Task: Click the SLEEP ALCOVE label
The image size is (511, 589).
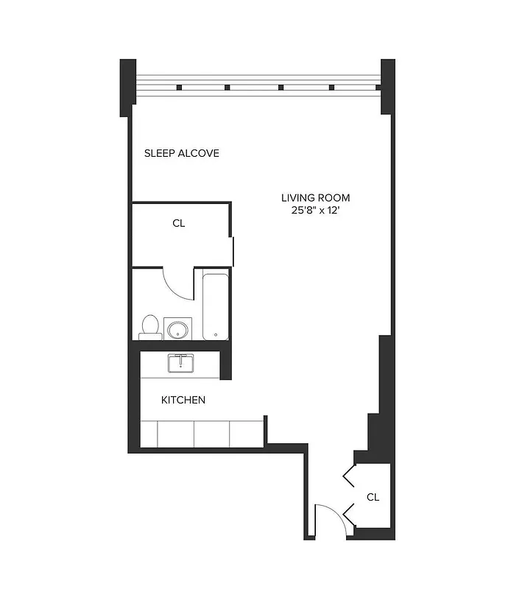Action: pyautogui.click(x=181, y=154)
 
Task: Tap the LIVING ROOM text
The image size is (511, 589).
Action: pyautogui.click(x=315, y=197)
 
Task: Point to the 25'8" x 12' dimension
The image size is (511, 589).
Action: pyautogui.click(x=315, y=211)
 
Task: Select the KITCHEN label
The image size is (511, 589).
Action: pyautogui.click(x=183, y=401)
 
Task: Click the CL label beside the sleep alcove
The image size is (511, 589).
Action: pyautogui.click(x=178, y=223)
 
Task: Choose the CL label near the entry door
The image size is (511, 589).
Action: pyautogui.click(x=373, y=497)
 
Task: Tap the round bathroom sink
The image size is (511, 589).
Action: pyautogui.click(x=177, y=328)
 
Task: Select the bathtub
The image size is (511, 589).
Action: pyautogui.click(x=216, y=305)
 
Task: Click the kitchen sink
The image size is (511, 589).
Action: pyautogui.click(x=180, y=363)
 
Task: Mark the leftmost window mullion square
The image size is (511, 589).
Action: pyautogui.click(x=179, y=88)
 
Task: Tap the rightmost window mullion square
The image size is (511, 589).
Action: pyautogui.click(x=331, y=88)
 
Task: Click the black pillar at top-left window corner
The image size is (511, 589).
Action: pyautogui.click(x=127, y=86)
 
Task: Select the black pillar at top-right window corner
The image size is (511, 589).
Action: pyautogui.click(x=388, y=86)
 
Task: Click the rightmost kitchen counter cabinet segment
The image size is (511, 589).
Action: pyautogui.click(x=247, y=432)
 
